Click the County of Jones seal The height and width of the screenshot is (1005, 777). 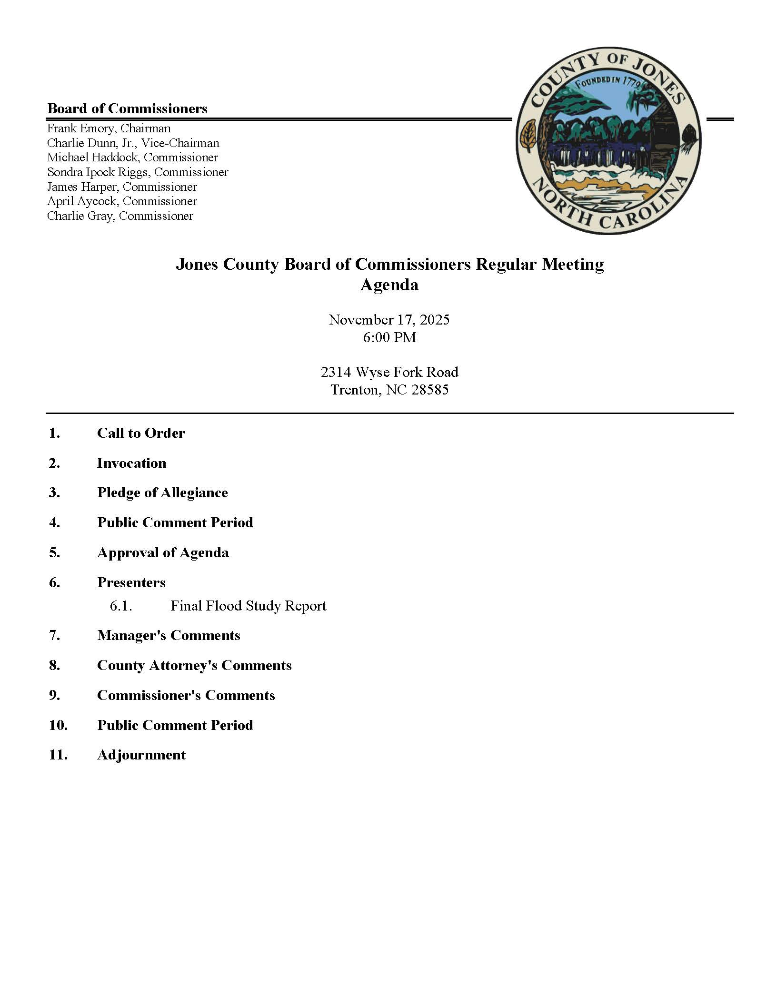click(608, 140)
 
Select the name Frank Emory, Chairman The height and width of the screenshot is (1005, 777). click(109, 128)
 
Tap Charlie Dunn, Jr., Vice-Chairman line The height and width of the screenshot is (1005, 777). click(133, 143)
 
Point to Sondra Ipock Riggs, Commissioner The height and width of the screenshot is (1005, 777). click(138, 172)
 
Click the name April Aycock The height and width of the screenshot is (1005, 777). click(81, 201)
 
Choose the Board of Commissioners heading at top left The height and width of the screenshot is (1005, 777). click(127, 108)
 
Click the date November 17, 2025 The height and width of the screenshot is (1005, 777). click(389, 319)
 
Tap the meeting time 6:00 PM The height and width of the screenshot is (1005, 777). click(389, 337)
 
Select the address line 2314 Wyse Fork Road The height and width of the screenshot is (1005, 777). click(389, 372)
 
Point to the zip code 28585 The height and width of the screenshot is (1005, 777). click(430, 390)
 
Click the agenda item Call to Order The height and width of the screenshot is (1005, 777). click(141, 433)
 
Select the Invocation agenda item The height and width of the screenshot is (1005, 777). click(131, 463)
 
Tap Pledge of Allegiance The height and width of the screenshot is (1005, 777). click(162, 493)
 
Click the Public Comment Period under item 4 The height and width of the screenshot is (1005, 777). click(175, 522)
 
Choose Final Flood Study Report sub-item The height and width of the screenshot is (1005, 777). click(248, 606)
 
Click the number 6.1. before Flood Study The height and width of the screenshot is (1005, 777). click(120, 606)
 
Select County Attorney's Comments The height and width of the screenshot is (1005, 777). click(194, 665)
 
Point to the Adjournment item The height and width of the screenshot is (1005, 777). click(141, 755)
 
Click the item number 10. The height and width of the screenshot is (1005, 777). click(58, 725)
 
